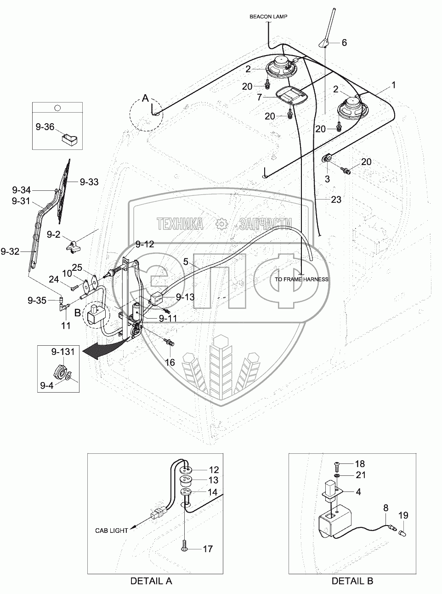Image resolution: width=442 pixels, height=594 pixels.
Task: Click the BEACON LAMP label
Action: tap(268, 17)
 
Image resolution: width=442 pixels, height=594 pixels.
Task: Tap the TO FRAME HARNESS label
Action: tap(301, 280)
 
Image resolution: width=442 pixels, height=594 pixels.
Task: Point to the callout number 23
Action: tap(336, 200)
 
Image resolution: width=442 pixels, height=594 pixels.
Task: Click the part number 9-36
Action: tap(45, 127)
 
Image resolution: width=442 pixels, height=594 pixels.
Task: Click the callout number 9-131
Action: tap(62, 352)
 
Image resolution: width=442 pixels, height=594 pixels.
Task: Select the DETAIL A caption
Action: tap(151, 581)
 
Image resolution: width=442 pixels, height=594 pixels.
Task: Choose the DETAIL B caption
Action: tap(352, 581)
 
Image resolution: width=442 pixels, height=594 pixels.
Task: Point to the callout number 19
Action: tap(403, 515)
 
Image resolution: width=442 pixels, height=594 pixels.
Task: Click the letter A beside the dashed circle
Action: tap(145, 98)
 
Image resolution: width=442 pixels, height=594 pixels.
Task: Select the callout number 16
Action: tap(170, 362)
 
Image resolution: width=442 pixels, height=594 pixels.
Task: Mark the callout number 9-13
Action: tap(185, 297)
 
